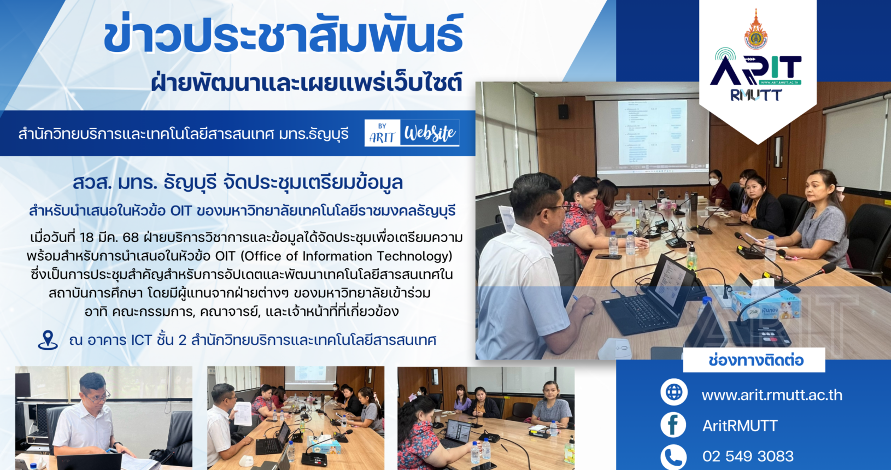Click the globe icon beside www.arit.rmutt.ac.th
[x=674, y=392]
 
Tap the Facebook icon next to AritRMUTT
[x=673, y=425]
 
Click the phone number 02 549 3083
[x=748, y=456]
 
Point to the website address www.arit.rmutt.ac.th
[x=772, y=395]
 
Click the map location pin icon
[x=48, y=340]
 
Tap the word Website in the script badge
[x=430, y=133]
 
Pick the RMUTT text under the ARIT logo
[x=756, y=95]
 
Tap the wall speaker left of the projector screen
[x=563, y=111]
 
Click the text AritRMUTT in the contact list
[x=740, y=426]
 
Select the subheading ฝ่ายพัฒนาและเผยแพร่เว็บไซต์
[x=307, y=83]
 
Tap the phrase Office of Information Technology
[x=346, y=256]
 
